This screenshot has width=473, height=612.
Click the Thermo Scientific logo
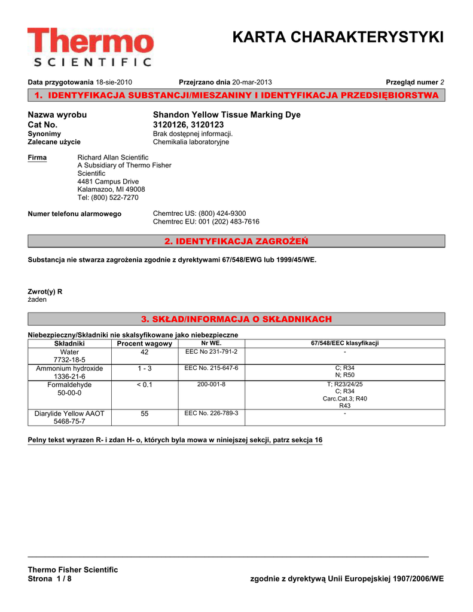point(90,47)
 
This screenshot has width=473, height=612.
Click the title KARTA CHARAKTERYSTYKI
point(338,37)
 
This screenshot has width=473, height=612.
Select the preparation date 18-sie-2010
point(114,82)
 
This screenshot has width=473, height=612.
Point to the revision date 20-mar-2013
point(255,82)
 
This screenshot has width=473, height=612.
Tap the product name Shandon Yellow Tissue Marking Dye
point(227,115)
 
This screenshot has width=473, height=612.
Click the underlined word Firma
point(37,157)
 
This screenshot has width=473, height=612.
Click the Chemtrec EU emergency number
point(206,222)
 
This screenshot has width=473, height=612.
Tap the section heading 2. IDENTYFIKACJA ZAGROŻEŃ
point(236,241)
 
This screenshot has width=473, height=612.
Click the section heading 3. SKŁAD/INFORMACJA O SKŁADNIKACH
point(236,319)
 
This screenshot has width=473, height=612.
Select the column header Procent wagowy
point(144,344)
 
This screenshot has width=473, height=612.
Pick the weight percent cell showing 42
point(144,353)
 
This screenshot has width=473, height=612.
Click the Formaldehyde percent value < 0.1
point(144,385)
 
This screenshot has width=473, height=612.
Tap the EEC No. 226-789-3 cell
point(211,413)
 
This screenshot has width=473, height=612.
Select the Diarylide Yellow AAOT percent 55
point(144,414)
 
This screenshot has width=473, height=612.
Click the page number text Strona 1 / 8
point(50,579)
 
